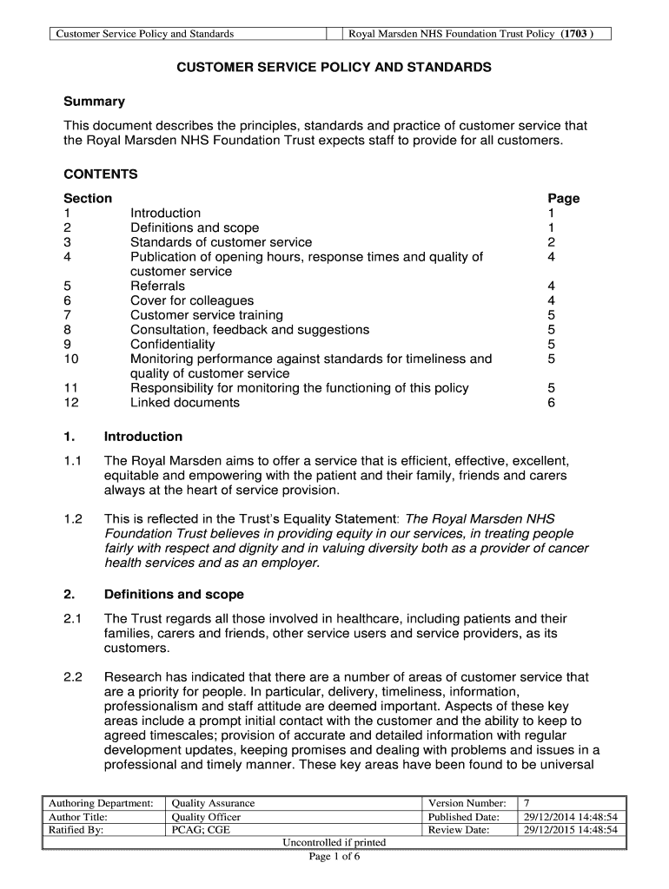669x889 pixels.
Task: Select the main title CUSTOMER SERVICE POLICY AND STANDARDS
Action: coord(334,67)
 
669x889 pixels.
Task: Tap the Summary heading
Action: coord(94,102)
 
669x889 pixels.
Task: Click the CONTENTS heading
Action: coord(101,175)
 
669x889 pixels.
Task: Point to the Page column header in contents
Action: coord(563,199)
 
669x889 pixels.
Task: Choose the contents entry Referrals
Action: coord(157,286)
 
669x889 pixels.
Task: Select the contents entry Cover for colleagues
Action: coord(192,301)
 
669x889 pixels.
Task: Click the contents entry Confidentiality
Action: coord(172,345)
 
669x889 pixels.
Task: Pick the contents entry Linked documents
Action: coord(184,403)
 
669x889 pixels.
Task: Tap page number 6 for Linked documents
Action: coord(551,403)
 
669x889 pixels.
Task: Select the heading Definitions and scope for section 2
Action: coord(174,595)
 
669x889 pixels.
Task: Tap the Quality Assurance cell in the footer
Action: coord(214,803)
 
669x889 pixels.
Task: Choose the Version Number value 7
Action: coord(527,803)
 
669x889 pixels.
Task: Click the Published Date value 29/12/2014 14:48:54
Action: coord(569,817)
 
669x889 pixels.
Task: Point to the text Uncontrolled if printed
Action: coord(334,843)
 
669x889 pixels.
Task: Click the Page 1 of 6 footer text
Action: coord(334,858)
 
